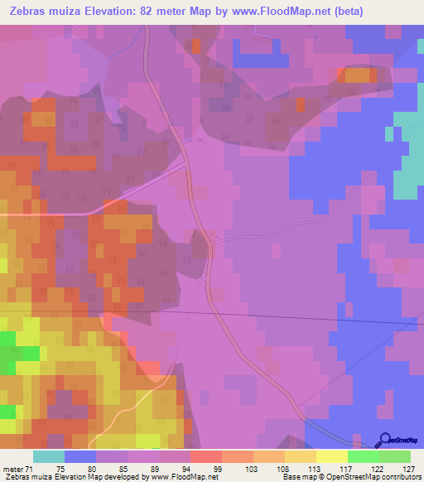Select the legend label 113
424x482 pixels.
[x=301, y=469]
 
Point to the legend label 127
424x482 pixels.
[x=395, y=469]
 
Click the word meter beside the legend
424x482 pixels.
[x=13, y=469]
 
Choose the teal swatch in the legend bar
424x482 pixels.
[x=49, y=456]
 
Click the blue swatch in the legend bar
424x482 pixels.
[x=80, y=456]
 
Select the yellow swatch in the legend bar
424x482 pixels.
[x=332, y=456]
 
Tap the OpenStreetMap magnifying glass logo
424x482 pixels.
[x=386, y=439]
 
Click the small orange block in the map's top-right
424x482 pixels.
[x=357, y=75]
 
